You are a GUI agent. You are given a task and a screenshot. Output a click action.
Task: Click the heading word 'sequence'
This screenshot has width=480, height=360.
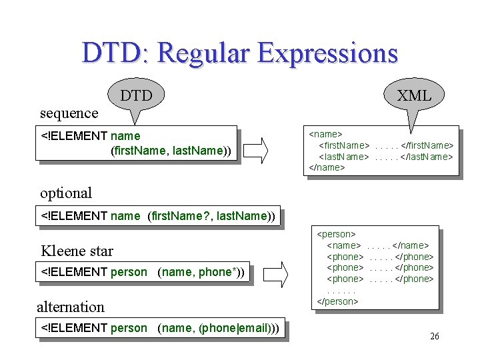point(69,113)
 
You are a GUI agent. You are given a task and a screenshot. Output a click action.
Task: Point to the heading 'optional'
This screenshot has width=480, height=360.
point(66,193)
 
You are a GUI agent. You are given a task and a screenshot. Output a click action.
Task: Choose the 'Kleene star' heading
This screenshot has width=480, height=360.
point(77,251)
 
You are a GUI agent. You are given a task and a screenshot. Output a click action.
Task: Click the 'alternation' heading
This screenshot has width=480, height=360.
point(71,307)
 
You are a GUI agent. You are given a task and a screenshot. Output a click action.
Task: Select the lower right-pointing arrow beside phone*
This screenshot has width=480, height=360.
point(281,273)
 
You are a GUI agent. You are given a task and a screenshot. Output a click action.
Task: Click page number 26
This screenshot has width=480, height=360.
point(434,337)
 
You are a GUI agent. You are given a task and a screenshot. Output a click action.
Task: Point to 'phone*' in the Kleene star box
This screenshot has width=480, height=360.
point(217,272)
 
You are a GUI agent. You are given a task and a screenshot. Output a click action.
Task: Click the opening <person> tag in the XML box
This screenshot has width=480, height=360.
point(337,234)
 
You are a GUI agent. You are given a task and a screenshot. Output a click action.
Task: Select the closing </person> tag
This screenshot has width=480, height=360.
point(338,301)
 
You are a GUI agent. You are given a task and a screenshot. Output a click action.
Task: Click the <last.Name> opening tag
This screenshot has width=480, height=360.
point(343,157)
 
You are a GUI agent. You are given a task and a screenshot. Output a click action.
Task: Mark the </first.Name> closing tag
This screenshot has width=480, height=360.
point(427,145)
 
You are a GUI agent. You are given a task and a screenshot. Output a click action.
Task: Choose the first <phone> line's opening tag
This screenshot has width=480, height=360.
point(345,257)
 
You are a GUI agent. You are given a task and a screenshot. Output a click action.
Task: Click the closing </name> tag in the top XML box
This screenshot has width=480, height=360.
point(327,167)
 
